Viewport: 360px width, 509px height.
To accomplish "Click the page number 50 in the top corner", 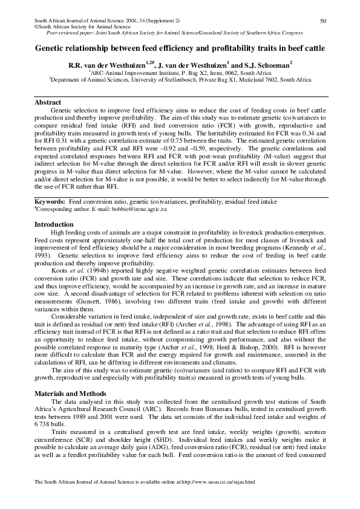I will click(x=323, y=21).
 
